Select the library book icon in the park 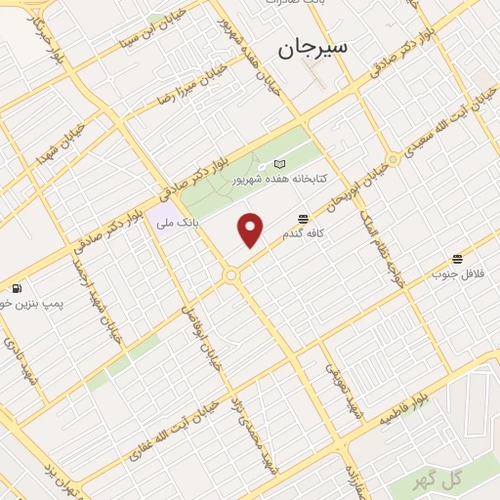280,164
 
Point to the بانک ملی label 178,222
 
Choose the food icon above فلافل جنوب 457,259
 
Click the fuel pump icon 17,288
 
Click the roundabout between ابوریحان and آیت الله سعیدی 393,157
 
